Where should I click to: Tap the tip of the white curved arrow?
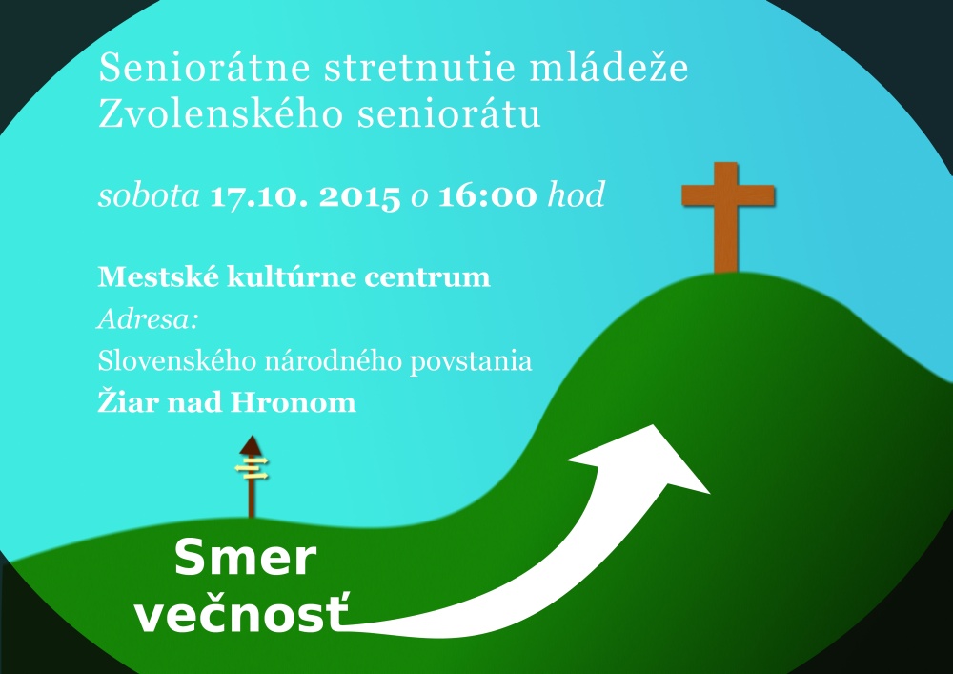tap(654, 425)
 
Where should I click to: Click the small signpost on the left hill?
tap(251, 477)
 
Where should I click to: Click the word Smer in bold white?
tap(245, 559)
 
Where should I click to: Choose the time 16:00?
tap(488, 196)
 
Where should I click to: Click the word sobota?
tap(149, 196)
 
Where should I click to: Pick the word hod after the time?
tap(577, 195)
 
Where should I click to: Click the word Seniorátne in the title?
tap(206, 68)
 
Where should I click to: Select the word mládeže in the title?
tap(609, 67)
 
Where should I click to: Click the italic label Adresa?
tap(148, 319)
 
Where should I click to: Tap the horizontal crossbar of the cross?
tap(728, 195)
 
